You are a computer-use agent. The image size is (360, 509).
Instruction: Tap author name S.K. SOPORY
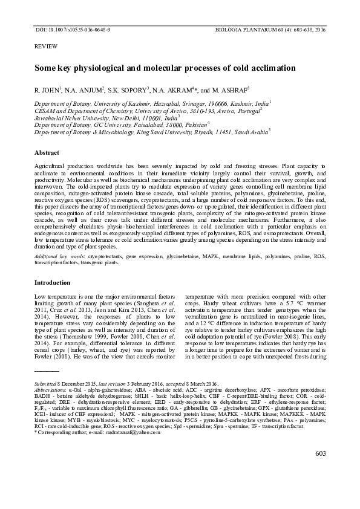click(128, 90)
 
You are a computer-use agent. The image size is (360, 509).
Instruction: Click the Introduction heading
click(53, 282)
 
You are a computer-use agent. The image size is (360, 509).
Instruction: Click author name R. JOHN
click(46, 90)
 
